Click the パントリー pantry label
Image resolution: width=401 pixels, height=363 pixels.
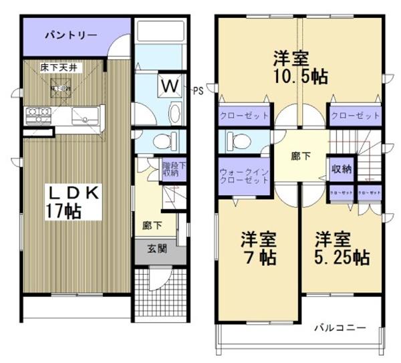pos(71,35)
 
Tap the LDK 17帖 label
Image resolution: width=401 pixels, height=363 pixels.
pos(74,200)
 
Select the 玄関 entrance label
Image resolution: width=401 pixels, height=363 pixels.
pos(157,249)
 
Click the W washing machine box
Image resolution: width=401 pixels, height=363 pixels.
pos(170,86)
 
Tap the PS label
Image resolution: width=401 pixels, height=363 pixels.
pos(198,90)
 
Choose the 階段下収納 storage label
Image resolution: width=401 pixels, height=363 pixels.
pos(170,168)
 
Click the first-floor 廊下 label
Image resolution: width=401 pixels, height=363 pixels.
pos(151,226)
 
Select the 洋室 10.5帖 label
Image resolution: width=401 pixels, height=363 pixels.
pos(299,66)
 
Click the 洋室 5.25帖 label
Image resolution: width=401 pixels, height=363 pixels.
pos(342,247)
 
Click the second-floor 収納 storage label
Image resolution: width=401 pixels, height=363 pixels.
pos(341,169)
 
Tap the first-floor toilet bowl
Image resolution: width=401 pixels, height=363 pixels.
pos(163,140)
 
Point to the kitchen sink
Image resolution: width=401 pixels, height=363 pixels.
pos(85,116)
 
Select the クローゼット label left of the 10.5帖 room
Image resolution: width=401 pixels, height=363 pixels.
pos(245,116)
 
